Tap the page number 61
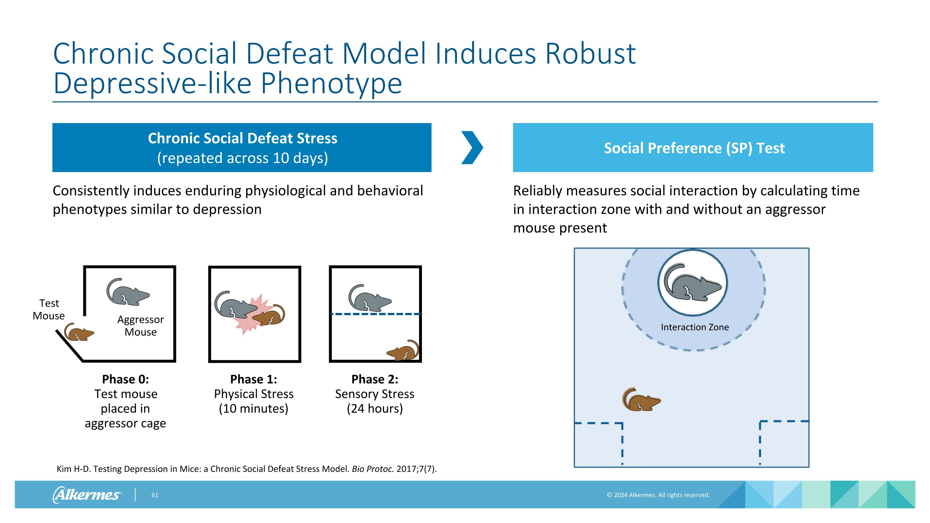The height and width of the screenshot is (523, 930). click(154, 495)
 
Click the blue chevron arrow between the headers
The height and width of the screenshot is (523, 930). click(472, 148)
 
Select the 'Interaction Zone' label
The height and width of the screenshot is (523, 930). click(695, 327)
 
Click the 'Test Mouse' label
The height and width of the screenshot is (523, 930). click(49, 309)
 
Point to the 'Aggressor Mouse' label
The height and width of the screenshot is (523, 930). click(140, 326)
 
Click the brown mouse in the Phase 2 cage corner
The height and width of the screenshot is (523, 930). click(404, 351)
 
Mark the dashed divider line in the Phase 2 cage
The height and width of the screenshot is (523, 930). click(375, 314)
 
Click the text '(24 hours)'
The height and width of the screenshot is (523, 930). click(375, 409)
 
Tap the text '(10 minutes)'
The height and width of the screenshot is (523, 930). click(254, 409)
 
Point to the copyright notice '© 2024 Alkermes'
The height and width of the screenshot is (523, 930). click(658, 495)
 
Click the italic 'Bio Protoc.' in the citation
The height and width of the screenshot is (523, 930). click(373, 469)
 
